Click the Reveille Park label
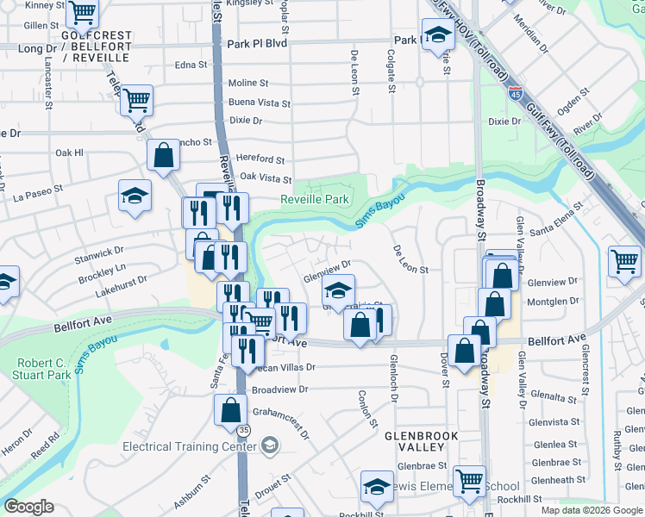tap(314, 199)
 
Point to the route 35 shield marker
tap(245, 428)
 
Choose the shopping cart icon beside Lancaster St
tap(137, 101)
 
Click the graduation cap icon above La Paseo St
tap(135, 196)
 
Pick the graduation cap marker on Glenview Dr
tap(339, 290)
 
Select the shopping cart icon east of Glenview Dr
tap(624, 260)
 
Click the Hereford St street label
tap(261, 159)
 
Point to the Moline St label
tap(248, 84)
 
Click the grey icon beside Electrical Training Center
tap(270, 445)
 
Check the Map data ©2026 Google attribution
tap(591, 510)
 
